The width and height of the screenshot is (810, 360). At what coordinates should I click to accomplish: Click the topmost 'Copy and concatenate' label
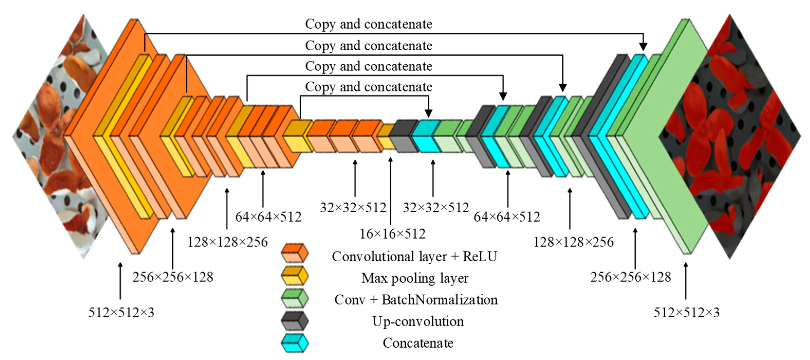pos(369,24)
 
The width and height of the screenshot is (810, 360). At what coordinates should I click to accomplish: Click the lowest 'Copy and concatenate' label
pos(369,87)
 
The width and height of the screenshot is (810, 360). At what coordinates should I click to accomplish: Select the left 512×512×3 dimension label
pos(121,313)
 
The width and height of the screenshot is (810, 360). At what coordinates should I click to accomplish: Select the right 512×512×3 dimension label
pos(686,313)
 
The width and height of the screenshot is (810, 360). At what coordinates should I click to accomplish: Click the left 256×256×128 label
pos(173,277)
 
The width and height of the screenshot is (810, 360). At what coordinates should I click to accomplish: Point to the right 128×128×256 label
pos(573,242)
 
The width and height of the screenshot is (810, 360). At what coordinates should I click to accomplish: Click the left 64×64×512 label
pos(268,217)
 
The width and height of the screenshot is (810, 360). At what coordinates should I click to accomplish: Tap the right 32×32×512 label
pos(436,208)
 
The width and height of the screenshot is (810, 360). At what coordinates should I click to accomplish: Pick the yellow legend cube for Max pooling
pos(295,276)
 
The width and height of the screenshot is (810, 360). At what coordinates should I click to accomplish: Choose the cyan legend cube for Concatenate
pos(295,343)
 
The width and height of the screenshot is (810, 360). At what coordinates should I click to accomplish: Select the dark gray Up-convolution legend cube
pos(295,321)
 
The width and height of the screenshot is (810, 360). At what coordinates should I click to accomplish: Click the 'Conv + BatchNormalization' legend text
pos(416,300)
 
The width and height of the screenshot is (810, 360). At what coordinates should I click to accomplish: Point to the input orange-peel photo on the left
pos(53,135)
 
